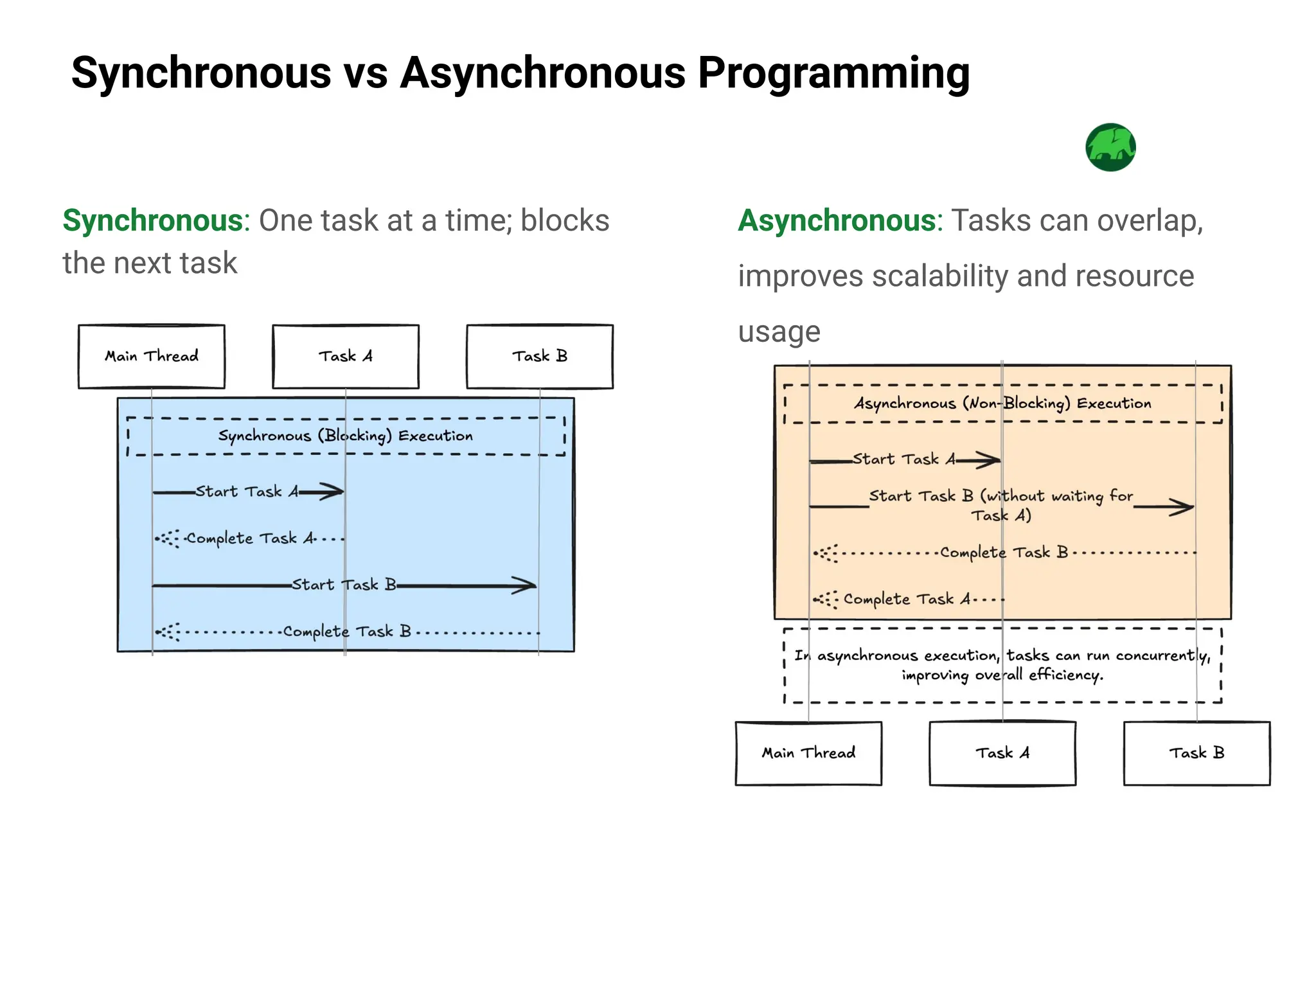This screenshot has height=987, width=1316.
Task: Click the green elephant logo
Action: click(1110, 147)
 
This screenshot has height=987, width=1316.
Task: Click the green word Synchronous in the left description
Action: click(152, 220)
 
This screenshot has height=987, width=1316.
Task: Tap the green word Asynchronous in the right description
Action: click(837, 220)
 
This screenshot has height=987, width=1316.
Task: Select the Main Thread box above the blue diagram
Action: click(152, 357)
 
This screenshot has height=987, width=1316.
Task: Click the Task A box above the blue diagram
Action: click(346, 357)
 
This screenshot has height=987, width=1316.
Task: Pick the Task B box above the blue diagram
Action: click(540, 357)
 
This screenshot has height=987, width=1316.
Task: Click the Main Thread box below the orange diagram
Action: click(808, 753)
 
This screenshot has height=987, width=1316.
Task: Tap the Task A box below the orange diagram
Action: click(1002, 753)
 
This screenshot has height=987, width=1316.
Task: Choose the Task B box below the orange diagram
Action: click(1196, 753)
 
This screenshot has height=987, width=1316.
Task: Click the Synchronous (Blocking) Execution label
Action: click(346, 436)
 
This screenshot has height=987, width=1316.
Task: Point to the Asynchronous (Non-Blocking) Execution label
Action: click(1002, 404)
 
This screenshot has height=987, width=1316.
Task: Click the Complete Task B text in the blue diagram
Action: click(347, 632)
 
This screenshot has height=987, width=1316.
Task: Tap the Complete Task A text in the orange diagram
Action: click(907, 600)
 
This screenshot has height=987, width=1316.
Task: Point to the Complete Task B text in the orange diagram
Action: click(1004, 553)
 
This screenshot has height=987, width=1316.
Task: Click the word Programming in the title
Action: click(833, 73)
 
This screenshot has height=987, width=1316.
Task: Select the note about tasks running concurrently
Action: click(1002, 665)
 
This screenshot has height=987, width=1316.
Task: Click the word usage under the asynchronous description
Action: click(779, 332)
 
